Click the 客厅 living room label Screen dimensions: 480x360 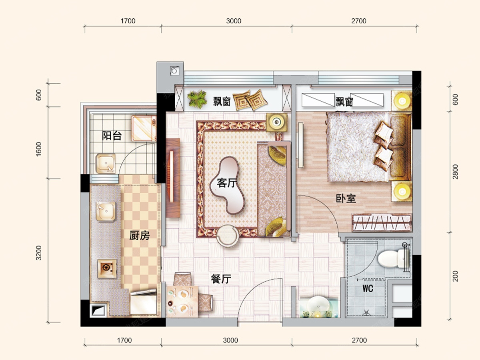coord(227,183)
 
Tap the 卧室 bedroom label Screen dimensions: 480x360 coord(346,198)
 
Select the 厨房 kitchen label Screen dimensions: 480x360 coord(139,236)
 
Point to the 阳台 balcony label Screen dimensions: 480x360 coord(112,136)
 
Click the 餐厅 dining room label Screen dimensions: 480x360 coord(221,279)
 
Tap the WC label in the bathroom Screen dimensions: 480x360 coord(368,288)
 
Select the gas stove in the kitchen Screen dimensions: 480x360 coord(107,268)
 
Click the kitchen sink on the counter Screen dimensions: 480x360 coord(106,212)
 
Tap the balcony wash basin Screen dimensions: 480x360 coord(106,163)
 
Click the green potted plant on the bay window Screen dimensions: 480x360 coord(197,100)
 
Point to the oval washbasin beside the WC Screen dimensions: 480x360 coord(318,304)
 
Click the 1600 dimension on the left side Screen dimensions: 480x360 coord(38,149)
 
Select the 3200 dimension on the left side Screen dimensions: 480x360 coord(38,253)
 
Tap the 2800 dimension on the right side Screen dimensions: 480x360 coord(456,172)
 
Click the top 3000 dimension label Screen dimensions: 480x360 coord(234,21)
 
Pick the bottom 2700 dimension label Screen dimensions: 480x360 coord(359,340)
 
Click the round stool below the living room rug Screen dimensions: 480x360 coord(228,236)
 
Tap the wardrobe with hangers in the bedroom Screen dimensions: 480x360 coord(382,222)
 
